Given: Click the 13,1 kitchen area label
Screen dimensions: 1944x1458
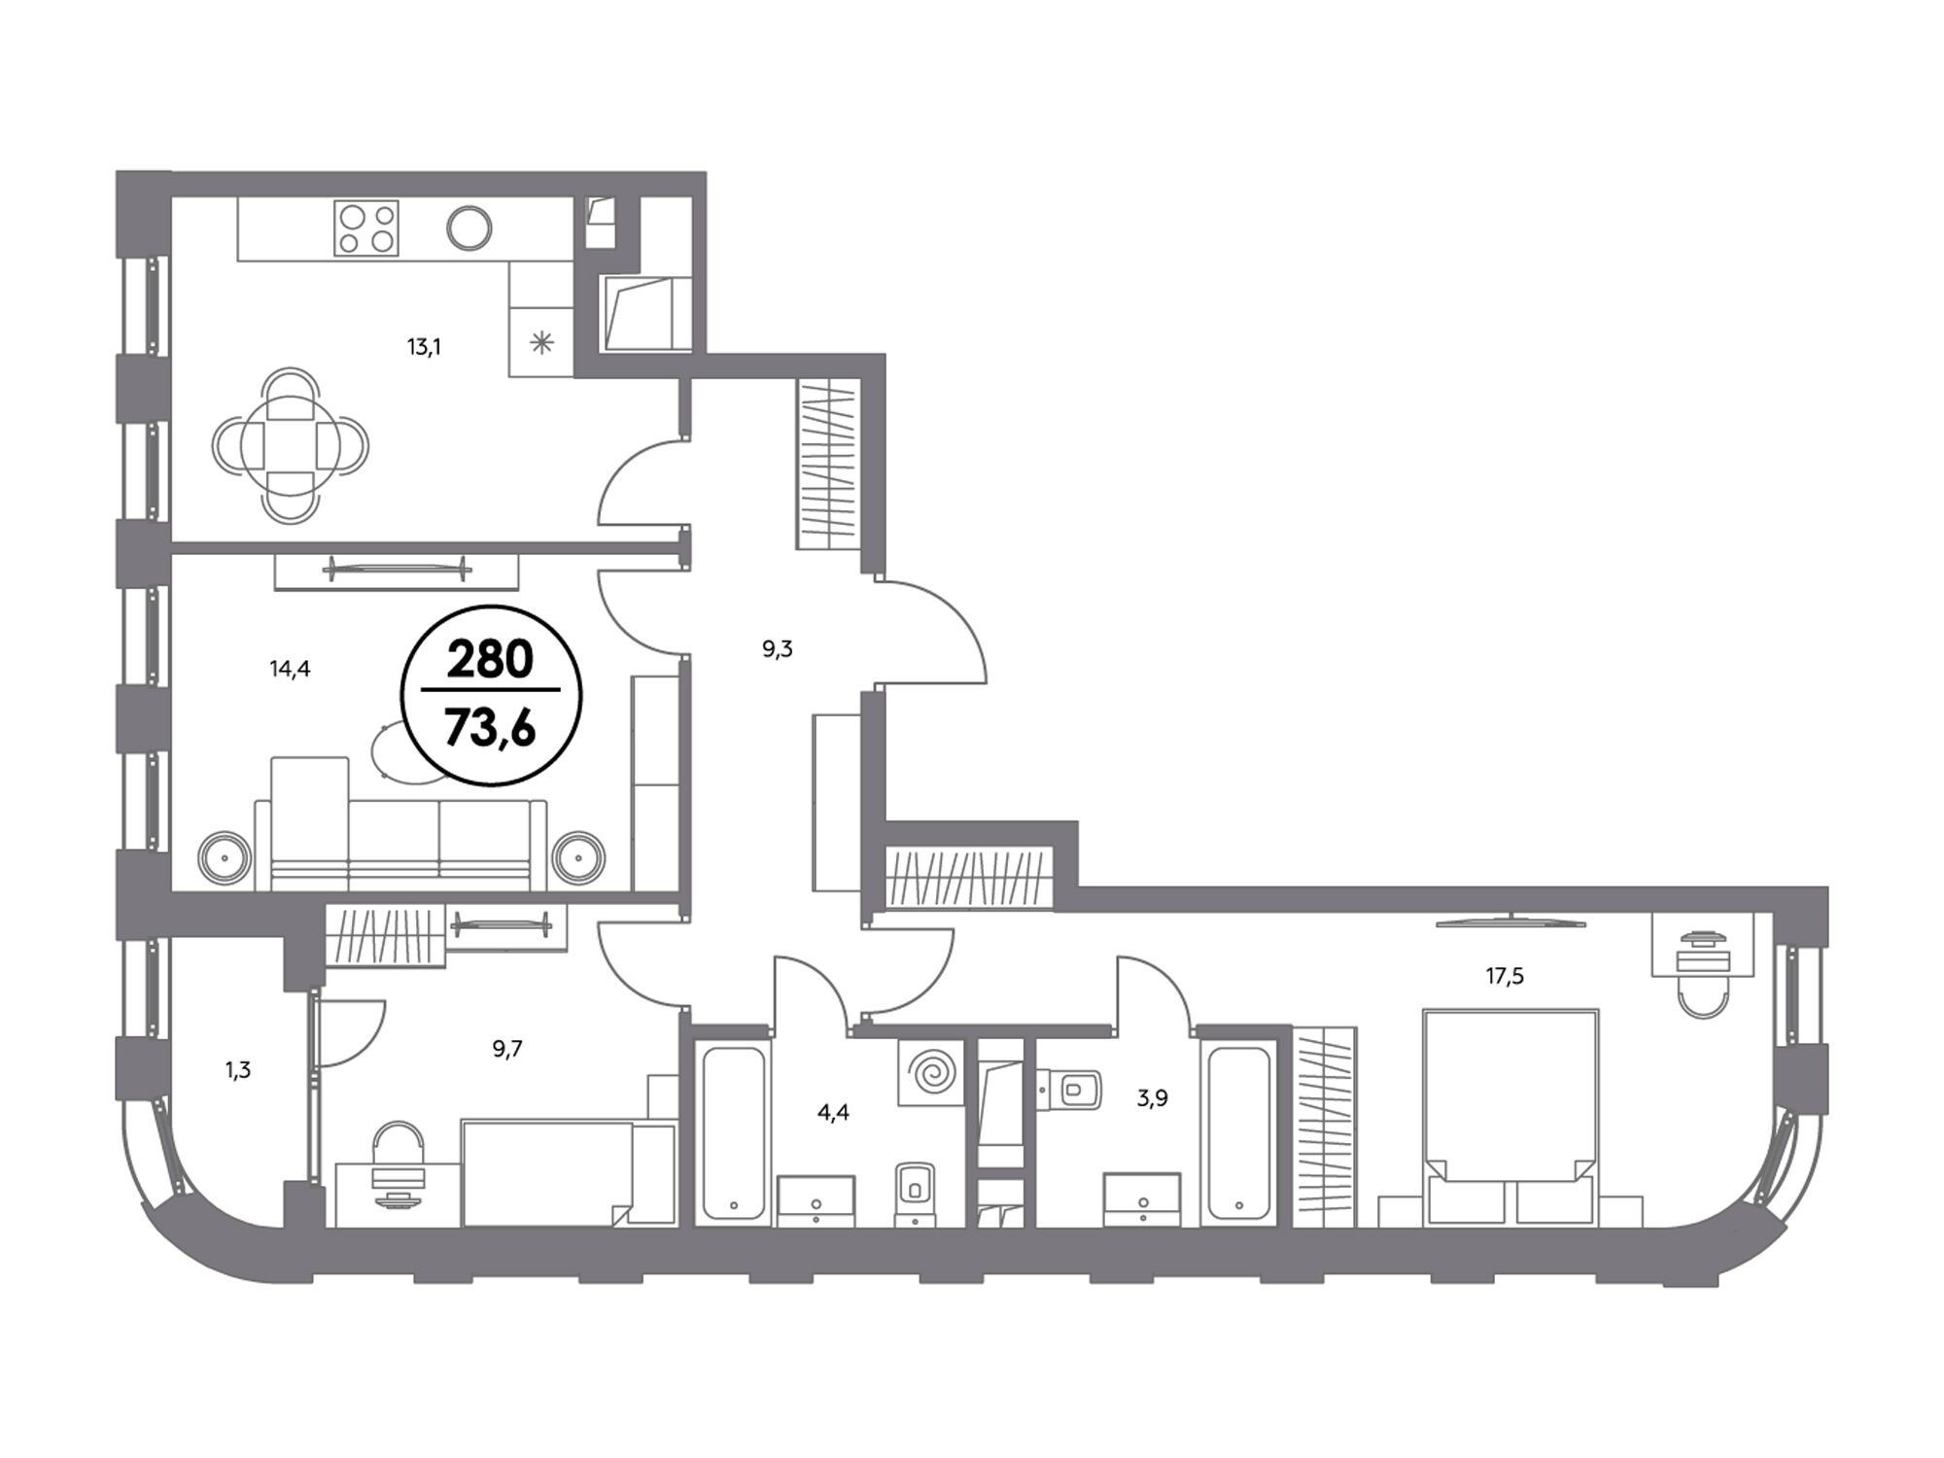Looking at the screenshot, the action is point(424,347).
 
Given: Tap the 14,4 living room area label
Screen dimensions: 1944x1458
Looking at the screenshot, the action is point(290,669).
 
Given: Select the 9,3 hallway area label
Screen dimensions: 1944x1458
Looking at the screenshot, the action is point(778,649).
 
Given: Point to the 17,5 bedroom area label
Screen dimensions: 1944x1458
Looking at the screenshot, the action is point(1505,976).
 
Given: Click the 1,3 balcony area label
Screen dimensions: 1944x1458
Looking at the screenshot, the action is point(238,1070).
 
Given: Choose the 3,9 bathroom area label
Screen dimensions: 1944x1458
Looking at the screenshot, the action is point(1152,1099).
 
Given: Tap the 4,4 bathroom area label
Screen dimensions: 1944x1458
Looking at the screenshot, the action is point(833,1113).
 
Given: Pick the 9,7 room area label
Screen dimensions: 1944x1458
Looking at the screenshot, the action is point(507,1049).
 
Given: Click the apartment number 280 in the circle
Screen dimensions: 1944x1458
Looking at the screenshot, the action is point(491,660).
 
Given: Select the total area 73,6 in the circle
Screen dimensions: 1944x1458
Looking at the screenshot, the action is point(491,725).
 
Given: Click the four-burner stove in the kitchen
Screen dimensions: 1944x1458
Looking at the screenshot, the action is point(366,228).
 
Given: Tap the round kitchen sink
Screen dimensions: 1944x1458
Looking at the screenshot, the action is point(469,227).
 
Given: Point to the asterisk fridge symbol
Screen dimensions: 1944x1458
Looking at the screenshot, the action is point(541,342).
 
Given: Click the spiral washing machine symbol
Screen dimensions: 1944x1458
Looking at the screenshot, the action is point(931,1073).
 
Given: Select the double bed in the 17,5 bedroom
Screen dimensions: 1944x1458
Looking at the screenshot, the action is point(1510,1117).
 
